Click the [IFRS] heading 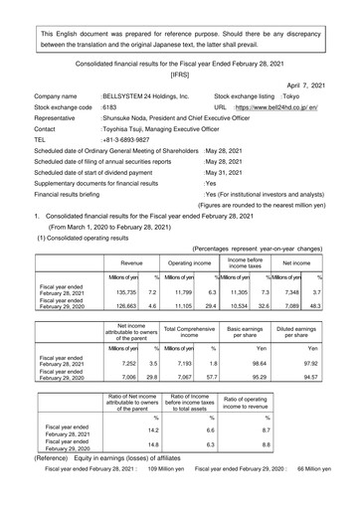click(x=179, y=74)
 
